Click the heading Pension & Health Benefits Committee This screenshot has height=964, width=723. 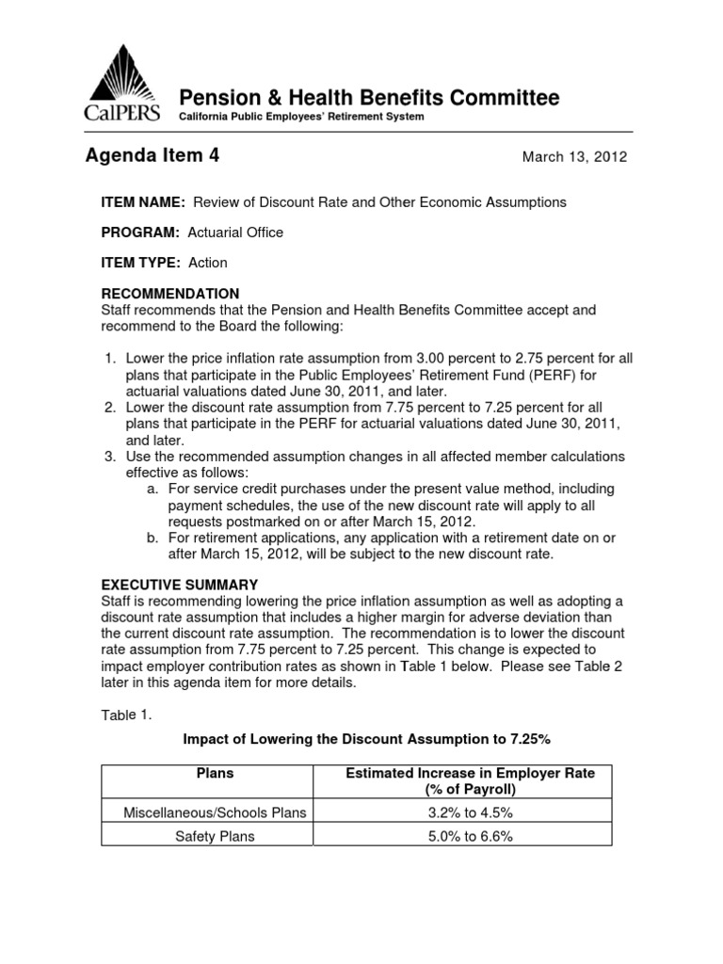[369, 98]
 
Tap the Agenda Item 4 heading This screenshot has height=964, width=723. [153, 156]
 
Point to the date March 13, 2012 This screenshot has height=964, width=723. [574, 157]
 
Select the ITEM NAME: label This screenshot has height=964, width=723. [143, 202]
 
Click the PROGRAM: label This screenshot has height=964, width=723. [140, 233]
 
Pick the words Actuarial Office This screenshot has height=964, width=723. [236, 233]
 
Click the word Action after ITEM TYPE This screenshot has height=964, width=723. [207, 263]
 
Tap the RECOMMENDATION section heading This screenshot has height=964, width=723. [170, 294]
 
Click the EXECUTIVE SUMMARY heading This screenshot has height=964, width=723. [179, 585]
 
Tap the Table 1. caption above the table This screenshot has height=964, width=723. [125, 715]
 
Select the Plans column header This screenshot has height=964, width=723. [215, 774]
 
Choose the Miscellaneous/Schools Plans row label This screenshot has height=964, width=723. [216, 812]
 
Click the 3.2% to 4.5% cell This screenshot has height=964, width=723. [471, 812]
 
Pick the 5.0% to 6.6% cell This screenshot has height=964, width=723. [471, 836]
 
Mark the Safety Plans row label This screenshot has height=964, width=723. [216, 836]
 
